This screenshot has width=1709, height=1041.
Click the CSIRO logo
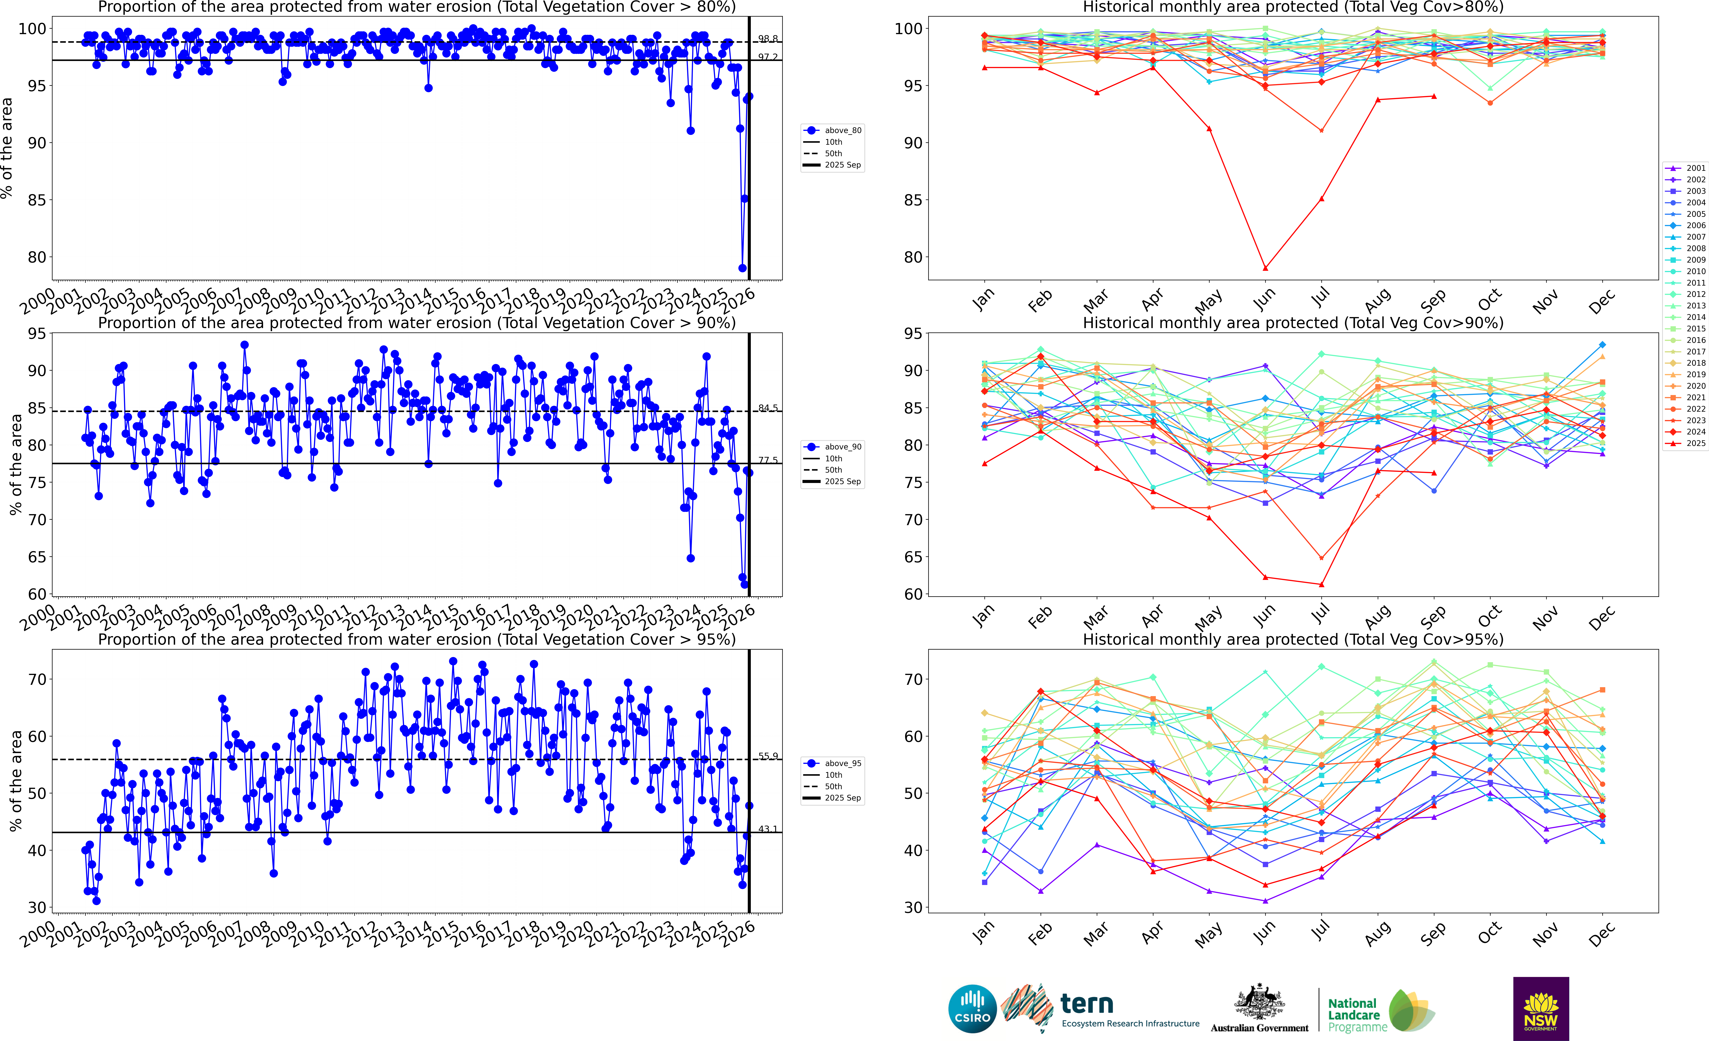click(972, 1008)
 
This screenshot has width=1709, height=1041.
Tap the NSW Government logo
click(1541, 1008)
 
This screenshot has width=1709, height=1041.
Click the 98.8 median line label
click(768, 39)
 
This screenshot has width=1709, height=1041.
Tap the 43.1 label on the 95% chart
click(768, 829)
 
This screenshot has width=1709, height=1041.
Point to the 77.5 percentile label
click(768, 460)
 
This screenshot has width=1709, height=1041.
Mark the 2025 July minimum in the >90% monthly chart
click(1321, 584)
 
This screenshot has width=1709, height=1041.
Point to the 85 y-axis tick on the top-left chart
click(33, 200)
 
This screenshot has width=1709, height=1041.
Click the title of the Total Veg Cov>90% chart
click(1293, 323)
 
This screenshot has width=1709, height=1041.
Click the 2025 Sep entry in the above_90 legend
click(842, 482)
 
